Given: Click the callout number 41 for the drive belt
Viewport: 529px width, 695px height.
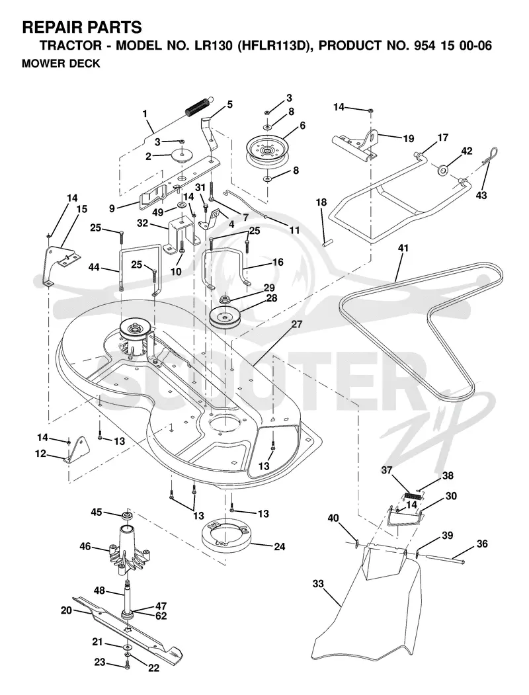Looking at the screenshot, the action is pos(403,248).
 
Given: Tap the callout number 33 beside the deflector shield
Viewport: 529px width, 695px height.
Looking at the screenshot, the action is pos(318,584).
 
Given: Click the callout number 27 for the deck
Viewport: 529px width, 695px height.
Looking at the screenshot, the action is pos(297,324).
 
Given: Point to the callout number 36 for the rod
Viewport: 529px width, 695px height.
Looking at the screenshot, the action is pos(483,544).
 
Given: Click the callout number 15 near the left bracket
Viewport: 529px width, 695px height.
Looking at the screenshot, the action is pos(82,209).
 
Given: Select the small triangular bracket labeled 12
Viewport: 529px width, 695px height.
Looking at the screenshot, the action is pos(76,450).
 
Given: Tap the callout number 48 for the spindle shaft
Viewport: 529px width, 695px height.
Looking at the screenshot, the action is pos(99,591).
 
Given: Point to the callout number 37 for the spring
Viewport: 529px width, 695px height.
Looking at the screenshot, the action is pos(387,470).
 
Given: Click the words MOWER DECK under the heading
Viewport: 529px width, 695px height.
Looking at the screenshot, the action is pos(61,64).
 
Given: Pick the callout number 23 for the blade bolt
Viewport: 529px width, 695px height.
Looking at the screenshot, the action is pos(100,662).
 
